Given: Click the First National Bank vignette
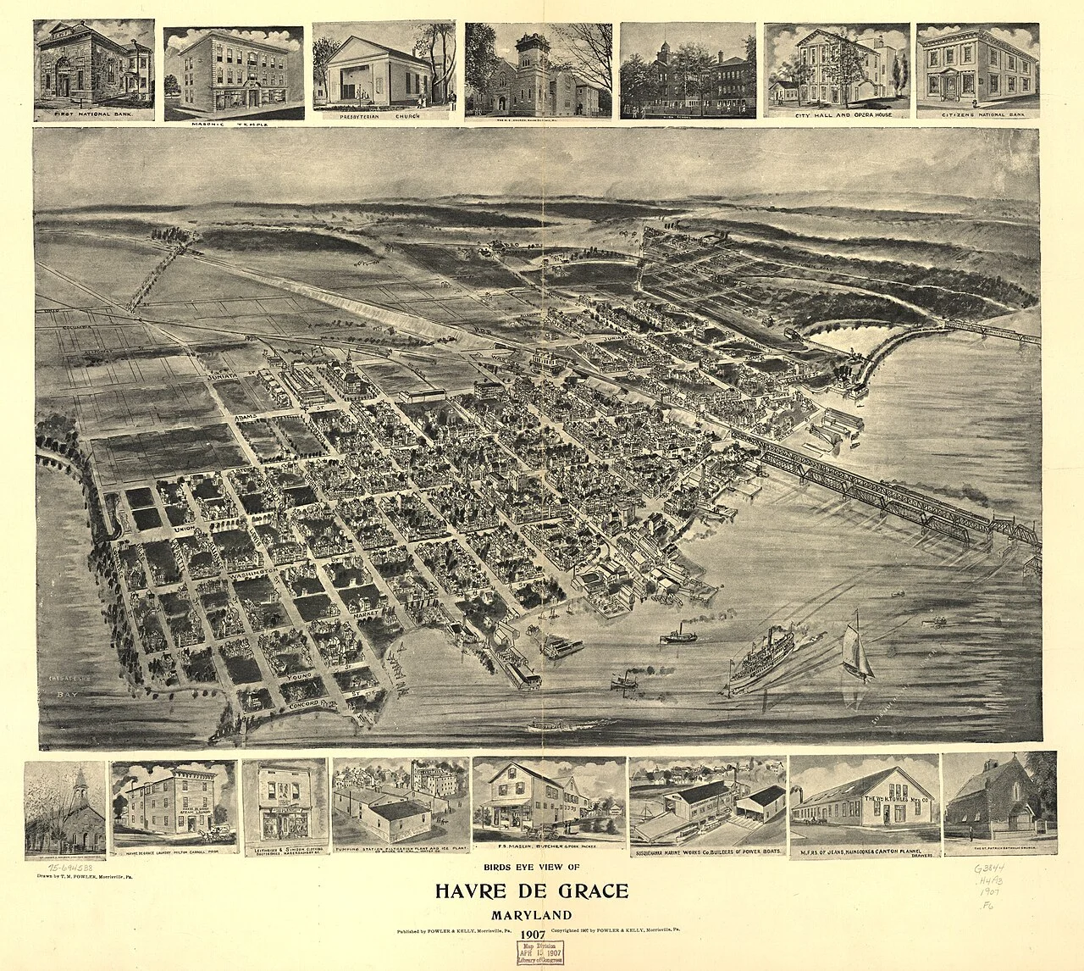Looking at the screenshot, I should coord(94,69).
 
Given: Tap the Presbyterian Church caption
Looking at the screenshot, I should coord(386,117).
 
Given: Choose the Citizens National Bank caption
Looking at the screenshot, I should coord(977,114).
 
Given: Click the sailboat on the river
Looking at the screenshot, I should coord(856,647).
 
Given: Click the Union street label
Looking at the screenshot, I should coord(185,530).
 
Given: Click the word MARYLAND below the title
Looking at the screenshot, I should coord(531,915).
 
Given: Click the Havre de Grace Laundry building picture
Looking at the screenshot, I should coord(174,805).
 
